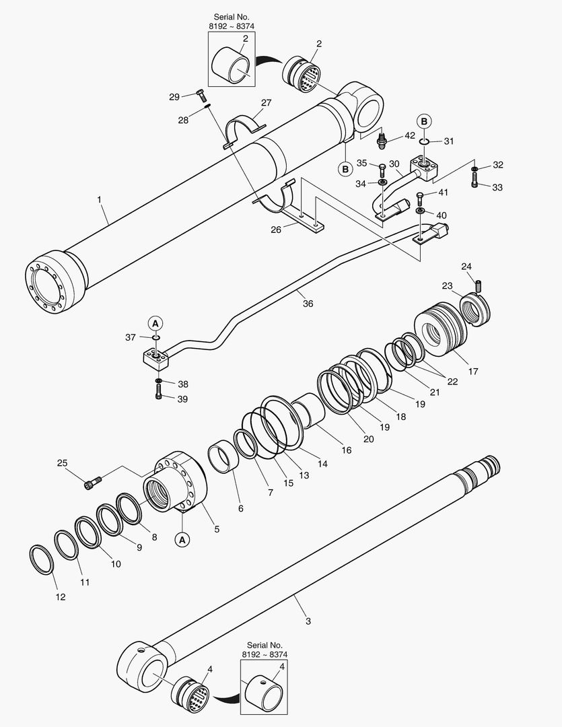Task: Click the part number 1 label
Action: pos(99,199)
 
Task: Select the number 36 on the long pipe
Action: pos(308,304)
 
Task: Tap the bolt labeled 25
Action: pos(93,482)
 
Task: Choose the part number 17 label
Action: pos(473,371)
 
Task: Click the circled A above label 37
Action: pos(155,322)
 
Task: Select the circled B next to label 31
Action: pos(425,121)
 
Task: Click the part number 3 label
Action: pos(308,621)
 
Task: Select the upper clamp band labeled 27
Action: pos(244,129)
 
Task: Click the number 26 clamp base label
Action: pos(276,230)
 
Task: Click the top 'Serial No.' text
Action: pos(232,15)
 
